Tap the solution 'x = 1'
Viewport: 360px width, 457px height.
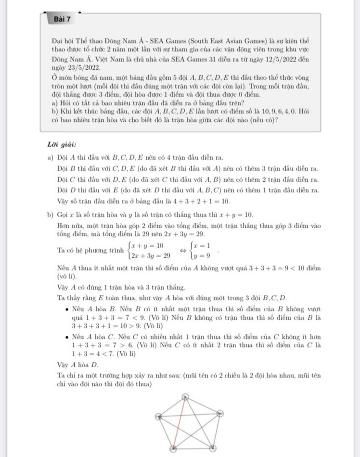click(202, 246)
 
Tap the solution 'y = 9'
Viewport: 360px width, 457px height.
click(202, 256)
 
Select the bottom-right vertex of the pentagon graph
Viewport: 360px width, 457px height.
click(212, 448)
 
